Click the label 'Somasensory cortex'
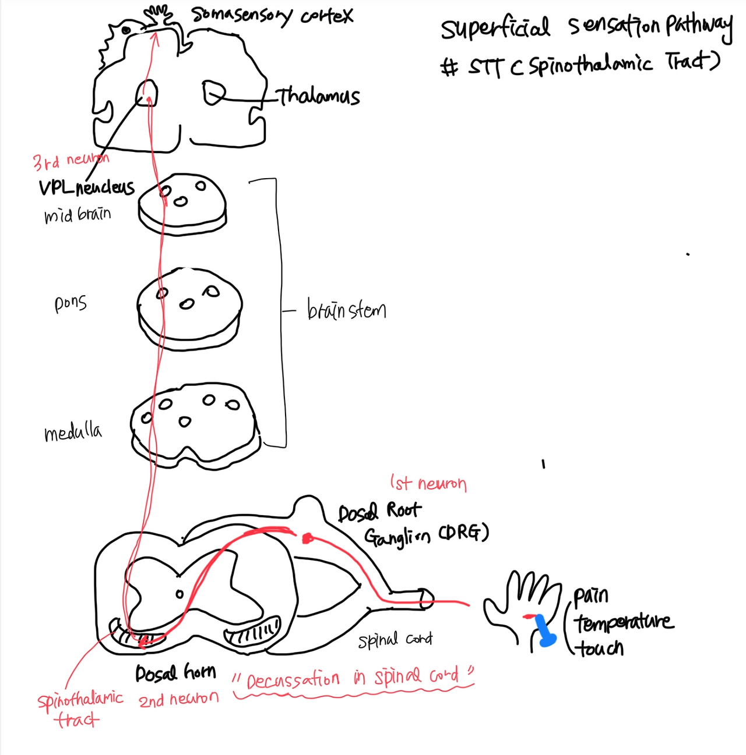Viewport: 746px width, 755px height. pos(272,16)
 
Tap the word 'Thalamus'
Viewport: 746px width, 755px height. pos(318,96)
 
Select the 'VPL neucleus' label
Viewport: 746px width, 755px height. pos(86,187)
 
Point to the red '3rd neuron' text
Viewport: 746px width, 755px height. pos(71,160)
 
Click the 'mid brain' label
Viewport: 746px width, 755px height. pos(77,215)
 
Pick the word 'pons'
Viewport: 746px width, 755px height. pos(71,303)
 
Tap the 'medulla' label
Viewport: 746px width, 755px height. pos(73,433)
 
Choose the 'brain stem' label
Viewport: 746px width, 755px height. pos(346,310)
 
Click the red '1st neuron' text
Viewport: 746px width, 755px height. pos(428,483)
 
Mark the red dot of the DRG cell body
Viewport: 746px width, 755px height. pos(307,538)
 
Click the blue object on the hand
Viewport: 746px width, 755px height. pos(544,631)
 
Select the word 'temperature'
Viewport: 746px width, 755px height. pos(624,622)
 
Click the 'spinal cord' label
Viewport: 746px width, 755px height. pos(395,640)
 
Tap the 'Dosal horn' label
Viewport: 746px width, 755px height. pos(175,674)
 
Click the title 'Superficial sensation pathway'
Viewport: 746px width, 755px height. pos(586,27)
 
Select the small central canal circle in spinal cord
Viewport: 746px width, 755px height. pos(180,594)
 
